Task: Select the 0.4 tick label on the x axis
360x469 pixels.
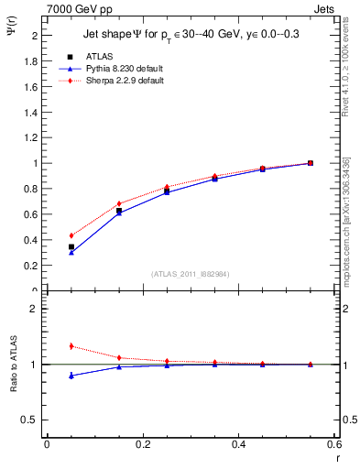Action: click(237, 444)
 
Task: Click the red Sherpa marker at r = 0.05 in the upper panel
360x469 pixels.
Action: click(71, 235)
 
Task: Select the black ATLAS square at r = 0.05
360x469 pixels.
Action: click(71, 246)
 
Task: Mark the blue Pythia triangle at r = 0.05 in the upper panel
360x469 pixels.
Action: click(71, 252)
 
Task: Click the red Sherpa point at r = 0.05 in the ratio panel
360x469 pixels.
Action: click(71, 346)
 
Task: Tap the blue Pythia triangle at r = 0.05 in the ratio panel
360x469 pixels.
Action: click(71, 376)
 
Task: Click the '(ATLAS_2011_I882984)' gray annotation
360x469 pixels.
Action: click(190, 274)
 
